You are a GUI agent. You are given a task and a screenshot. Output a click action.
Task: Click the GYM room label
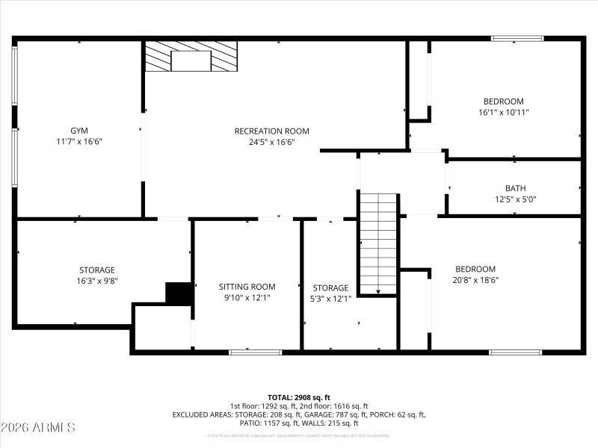pos(78,131)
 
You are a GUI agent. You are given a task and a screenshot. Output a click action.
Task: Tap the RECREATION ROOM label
pos(271,131)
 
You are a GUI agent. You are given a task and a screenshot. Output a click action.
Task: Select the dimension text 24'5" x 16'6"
pos(271,142)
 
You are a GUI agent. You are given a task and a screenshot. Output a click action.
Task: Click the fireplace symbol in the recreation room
pos(191,57)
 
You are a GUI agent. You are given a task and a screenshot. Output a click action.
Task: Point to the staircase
pos(378,243)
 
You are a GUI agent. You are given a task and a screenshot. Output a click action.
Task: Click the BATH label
pos(515,188)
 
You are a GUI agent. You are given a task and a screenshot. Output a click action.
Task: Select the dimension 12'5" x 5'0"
pos(515,199)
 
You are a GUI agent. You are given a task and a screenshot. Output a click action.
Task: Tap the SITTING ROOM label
pos(247,287)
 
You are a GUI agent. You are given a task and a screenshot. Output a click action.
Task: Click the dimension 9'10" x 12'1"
pos(247,298)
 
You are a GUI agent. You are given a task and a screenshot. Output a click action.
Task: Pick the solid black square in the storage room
pos(179,293)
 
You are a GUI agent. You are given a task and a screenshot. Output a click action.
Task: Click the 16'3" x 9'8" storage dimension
pos(97,281)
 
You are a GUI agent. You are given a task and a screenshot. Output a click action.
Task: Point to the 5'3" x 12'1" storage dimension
pos(330,299)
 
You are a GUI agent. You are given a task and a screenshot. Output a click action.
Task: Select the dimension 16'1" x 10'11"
pos(503,112)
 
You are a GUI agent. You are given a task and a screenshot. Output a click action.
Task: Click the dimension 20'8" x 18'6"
pos(475,280)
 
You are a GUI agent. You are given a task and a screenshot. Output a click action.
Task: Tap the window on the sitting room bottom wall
pos(255,352)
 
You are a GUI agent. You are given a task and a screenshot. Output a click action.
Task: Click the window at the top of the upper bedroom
pos(517,38)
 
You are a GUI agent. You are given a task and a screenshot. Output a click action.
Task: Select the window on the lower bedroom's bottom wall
pos(515,352)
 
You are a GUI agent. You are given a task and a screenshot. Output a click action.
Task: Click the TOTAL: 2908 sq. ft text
pos(298,397)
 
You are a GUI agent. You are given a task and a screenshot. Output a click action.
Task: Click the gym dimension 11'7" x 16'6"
pos(78,142)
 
